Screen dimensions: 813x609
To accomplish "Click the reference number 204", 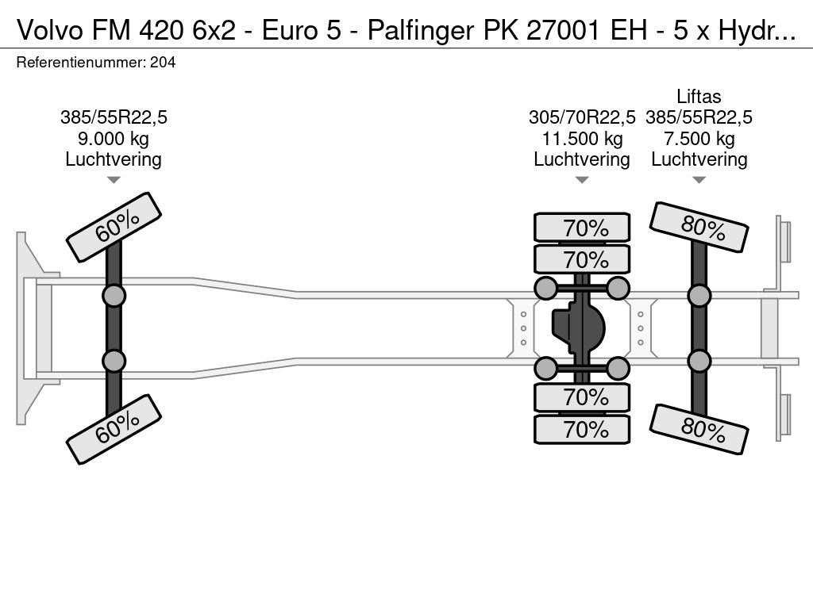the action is [x=163, y=63].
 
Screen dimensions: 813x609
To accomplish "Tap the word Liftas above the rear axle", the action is [x=699, y=96].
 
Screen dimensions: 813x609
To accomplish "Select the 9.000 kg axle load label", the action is [x=113, y=139].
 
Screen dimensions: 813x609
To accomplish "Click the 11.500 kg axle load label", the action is [x=582, y=139].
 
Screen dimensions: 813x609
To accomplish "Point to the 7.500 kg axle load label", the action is [x=699, y=139].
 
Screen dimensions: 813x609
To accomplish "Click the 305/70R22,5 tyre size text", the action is [x=582, y=117].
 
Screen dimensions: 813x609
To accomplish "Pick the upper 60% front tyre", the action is [x=114, y=227].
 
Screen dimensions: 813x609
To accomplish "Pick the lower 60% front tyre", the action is [x=114, y=429].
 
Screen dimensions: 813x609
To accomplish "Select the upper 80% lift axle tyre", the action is [x=699, y=227].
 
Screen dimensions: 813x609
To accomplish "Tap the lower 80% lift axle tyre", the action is [x=699, y=429].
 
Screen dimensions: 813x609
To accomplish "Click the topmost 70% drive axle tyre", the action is [x=582, y=228].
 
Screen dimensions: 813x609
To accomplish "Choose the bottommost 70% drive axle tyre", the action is [x=582, y=429].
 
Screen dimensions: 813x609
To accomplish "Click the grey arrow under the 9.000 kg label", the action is [x=114, y=180].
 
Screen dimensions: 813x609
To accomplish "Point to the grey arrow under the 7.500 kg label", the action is [x=699, y=180].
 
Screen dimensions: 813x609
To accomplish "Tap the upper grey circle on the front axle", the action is [x=114, y=297].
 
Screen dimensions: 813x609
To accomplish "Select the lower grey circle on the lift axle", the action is [x=699, y=362].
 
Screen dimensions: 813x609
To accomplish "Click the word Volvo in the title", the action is [x=50, y=31].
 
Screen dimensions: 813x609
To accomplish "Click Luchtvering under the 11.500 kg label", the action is [x=582, y=160].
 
